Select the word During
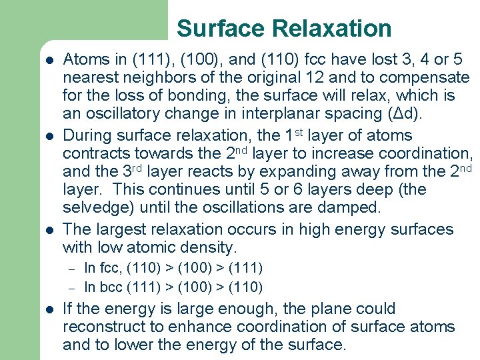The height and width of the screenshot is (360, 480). [87, 135]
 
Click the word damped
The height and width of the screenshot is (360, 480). [355, 207]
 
